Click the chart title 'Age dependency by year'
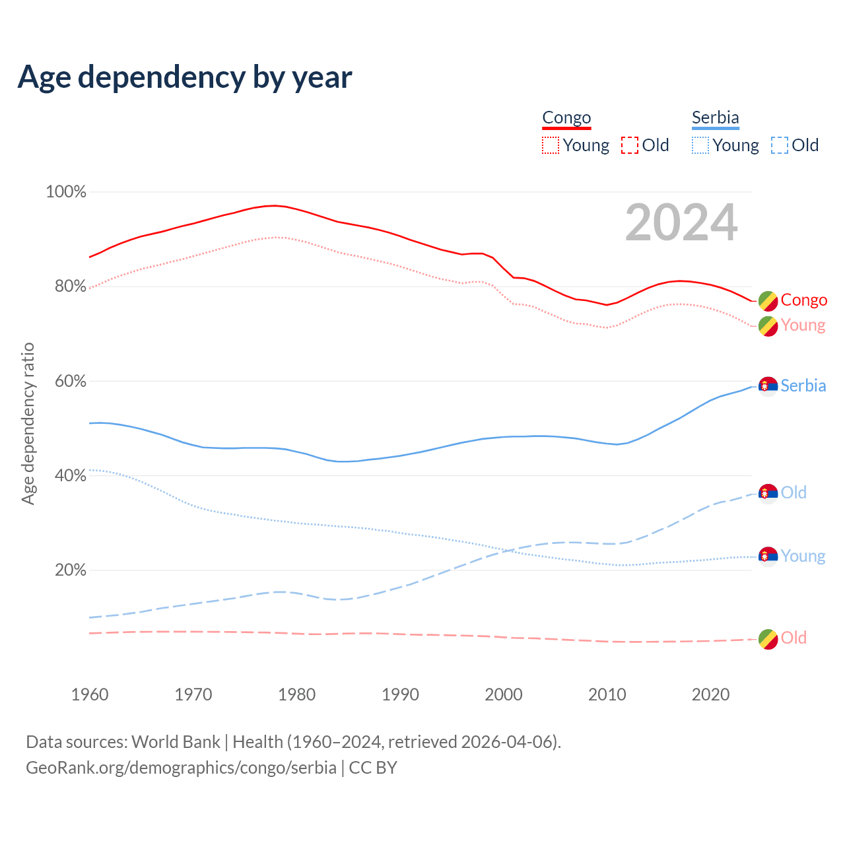pyautogui.click(x=185, y=77)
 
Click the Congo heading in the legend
pyautogui.click(x=566, y=118)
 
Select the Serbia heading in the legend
pyautogui.click(x=715, y=118)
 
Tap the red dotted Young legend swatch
pyautogui.click(x=550, y=145)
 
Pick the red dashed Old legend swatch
pyautogui.click(x=629, y=145)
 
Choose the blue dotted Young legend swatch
pyautogui.click(x=700, y=145)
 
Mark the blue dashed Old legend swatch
pyautogui.click(x=779, y=145)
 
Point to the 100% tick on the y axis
pyautogui.click(x=66, y=192)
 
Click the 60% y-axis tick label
pyautogui.click(x=70, y=381)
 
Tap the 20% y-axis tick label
pyautogui.click(x=70, y=570)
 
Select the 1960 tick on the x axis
pyautogui.click(x=90, y=694)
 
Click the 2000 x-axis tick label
pyautogui.click(x=504, y=694)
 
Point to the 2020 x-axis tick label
pyautogui.click(x=710, y=694)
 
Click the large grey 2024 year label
pyautogui.click(x=681, y=223)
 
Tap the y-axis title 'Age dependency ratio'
pyautogui.click(x=28, y=423)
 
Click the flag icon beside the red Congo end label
pyautogui.click(x=768, y=300)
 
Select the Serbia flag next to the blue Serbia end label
pyautogui.click(x=768, y=386)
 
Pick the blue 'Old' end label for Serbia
pyautogui.click(x=794, y=492)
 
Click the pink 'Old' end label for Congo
pyautogui.click(x=794, y=638)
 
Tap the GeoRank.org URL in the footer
pyautogui.click(x=181, y=768)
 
